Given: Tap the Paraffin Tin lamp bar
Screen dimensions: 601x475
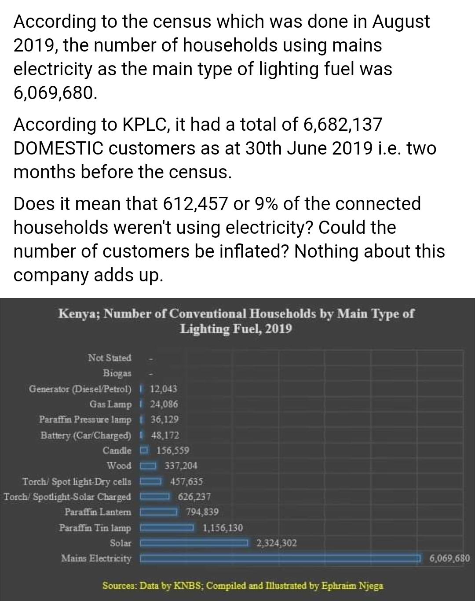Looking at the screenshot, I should (x=167, y=527).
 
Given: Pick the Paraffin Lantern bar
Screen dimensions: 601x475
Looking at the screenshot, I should (x=158, y=512).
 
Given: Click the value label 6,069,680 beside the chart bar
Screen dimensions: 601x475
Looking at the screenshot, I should (x=449, y=559).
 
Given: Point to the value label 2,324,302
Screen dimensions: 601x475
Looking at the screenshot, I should (x=276, y=543).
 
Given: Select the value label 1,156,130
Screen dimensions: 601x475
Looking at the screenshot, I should (x=223, y=527).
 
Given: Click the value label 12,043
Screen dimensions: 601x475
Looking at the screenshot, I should (x=164, y=389).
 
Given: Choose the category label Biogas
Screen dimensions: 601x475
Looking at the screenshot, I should (x=117, y=373).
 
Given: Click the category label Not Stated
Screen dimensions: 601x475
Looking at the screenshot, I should (x=110, y=358).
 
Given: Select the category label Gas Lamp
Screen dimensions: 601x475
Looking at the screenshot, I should (x=110, y=404).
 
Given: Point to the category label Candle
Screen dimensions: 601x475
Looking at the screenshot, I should (x=117, y=450).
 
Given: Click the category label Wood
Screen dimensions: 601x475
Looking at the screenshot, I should (x=119, y=465).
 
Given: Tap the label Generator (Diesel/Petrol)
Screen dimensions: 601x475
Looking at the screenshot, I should (x=80, y=389).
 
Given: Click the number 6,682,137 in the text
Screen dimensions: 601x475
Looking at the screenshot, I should (x=343, y=125).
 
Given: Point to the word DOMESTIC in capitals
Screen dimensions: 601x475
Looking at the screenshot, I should (x=59, y=148).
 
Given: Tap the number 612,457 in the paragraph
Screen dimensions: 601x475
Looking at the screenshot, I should (x=195, y=204).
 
